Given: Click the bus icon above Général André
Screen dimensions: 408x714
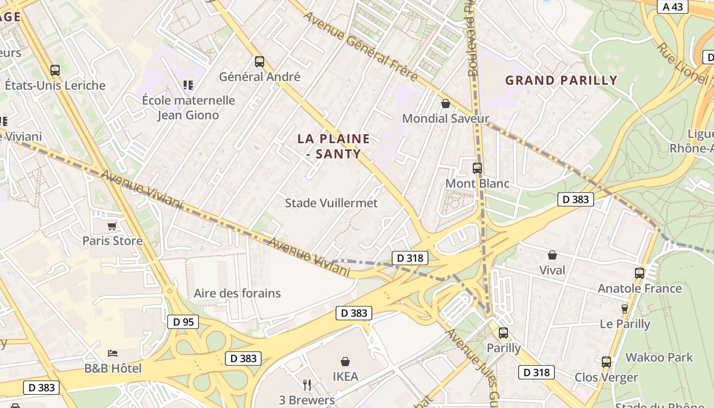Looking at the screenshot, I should coord(259,62).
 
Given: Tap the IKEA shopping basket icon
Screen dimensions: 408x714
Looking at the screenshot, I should coord(345,362).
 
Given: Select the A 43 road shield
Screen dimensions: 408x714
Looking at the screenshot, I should coord(673,7).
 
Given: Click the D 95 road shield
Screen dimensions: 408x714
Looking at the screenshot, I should coord(183,322).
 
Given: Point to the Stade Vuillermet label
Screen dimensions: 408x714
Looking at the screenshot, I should coord(331,203).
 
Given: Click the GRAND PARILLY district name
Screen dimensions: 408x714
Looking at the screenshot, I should coord(561,80).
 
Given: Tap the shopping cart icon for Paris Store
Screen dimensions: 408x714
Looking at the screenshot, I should coord(112,226).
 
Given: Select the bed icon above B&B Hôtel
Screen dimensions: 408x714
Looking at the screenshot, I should coord(113,353).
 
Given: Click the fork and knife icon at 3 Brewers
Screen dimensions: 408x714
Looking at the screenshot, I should coord(307,385).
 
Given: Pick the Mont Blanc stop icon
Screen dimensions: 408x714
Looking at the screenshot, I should coord(477,168).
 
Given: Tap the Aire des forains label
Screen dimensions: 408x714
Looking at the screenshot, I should coord(237,293).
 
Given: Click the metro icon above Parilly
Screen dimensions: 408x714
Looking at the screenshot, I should coord(503,333).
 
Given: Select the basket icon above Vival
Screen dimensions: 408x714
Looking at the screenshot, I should coord(552,254).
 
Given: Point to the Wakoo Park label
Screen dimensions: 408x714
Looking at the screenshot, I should coord(659,357).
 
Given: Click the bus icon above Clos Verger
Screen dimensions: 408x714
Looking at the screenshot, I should coord(606,362).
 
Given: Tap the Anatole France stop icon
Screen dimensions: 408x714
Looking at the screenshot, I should coord(640,273).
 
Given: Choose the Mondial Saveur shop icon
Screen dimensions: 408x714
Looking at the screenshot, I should coord(446,104).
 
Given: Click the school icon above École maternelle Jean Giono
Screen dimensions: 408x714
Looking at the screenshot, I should coord(188,85).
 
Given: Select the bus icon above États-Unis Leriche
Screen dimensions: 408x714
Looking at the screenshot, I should coord(55,70).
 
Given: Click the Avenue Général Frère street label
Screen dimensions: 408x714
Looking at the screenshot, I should coord(361,46).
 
